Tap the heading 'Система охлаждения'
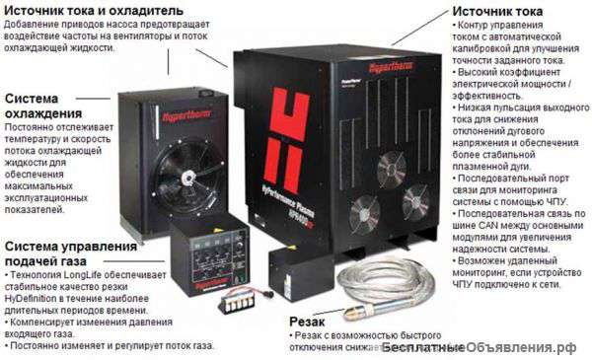[45, 106]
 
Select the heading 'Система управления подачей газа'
[69, 253]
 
